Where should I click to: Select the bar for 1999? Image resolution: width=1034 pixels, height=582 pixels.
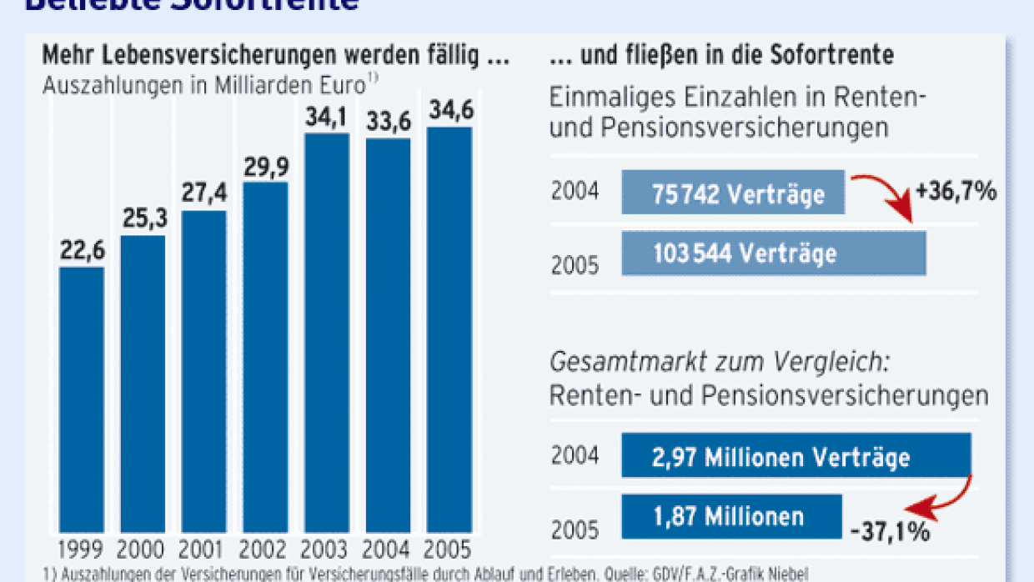coord(82,400)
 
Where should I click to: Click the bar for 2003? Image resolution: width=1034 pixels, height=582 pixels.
coord(327,334)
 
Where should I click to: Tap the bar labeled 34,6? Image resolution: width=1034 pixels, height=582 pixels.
coord(449,330)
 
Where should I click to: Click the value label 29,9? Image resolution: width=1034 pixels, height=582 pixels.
coord(265,167)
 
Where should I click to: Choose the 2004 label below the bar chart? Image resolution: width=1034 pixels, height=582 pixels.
coord(388,549)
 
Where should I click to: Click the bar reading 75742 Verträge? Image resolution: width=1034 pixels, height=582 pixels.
coord(734,193)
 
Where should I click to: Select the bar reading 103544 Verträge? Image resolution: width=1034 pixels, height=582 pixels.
coord(773,253)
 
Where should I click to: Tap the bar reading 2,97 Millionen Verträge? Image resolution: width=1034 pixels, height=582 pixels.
coord(796,456)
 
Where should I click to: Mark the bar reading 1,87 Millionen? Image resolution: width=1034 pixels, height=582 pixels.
coord(732,515)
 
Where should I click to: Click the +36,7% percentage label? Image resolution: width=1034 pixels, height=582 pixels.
coord(956,192)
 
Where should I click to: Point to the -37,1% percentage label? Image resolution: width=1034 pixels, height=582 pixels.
coord(890,531)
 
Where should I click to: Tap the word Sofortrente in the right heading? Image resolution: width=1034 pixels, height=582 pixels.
coord(835,56)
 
